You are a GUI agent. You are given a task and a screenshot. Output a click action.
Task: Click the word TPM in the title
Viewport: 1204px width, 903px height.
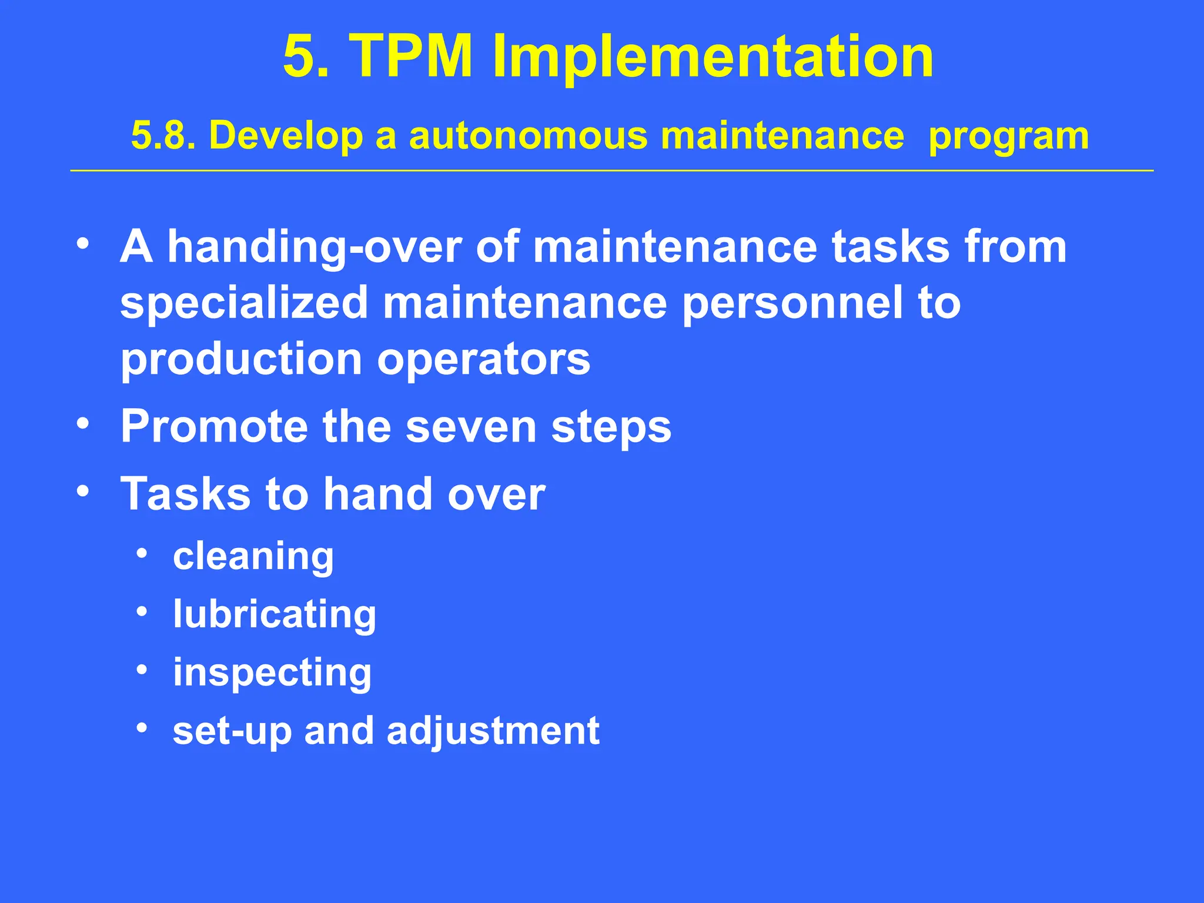point(411,56)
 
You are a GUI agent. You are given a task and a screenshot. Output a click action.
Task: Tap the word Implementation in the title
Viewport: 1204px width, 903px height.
point(713,56)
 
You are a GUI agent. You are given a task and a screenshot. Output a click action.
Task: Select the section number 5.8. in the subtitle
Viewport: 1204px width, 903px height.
point(163,136)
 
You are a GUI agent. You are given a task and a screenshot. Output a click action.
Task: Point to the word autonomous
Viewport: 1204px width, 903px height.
point(527,136)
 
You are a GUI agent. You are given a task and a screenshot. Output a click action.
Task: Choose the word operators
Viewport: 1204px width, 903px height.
point(483,360)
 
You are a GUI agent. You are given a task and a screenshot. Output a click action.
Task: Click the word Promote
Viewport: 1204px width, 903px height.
point(214,427)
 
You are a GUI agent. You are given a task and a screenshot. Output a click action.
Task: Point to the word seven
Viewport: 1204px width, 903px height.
point(471,427)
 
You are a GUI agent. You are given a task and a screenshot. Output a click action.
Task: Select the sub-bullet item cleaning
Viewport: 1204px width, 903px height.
point(253,557)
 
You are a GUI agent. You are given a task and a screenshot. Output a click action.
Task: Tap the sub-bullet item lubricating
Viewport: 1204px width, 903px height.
point(275,615)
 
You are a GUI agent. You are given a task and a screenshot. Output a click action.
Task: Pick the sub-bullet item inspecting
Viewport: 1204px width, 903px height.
point(272,673)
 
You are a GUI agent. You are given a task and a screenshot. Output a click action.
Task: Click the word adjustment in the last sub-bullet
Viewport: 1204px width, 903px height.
point(493,731)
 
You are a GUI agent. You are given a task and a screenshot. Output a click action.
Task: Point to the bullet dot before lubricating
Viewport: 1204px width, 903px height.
point(142,611)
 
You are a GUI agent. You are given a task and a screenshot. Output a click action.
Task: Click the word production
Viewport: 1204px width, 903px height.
point(241,360)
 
